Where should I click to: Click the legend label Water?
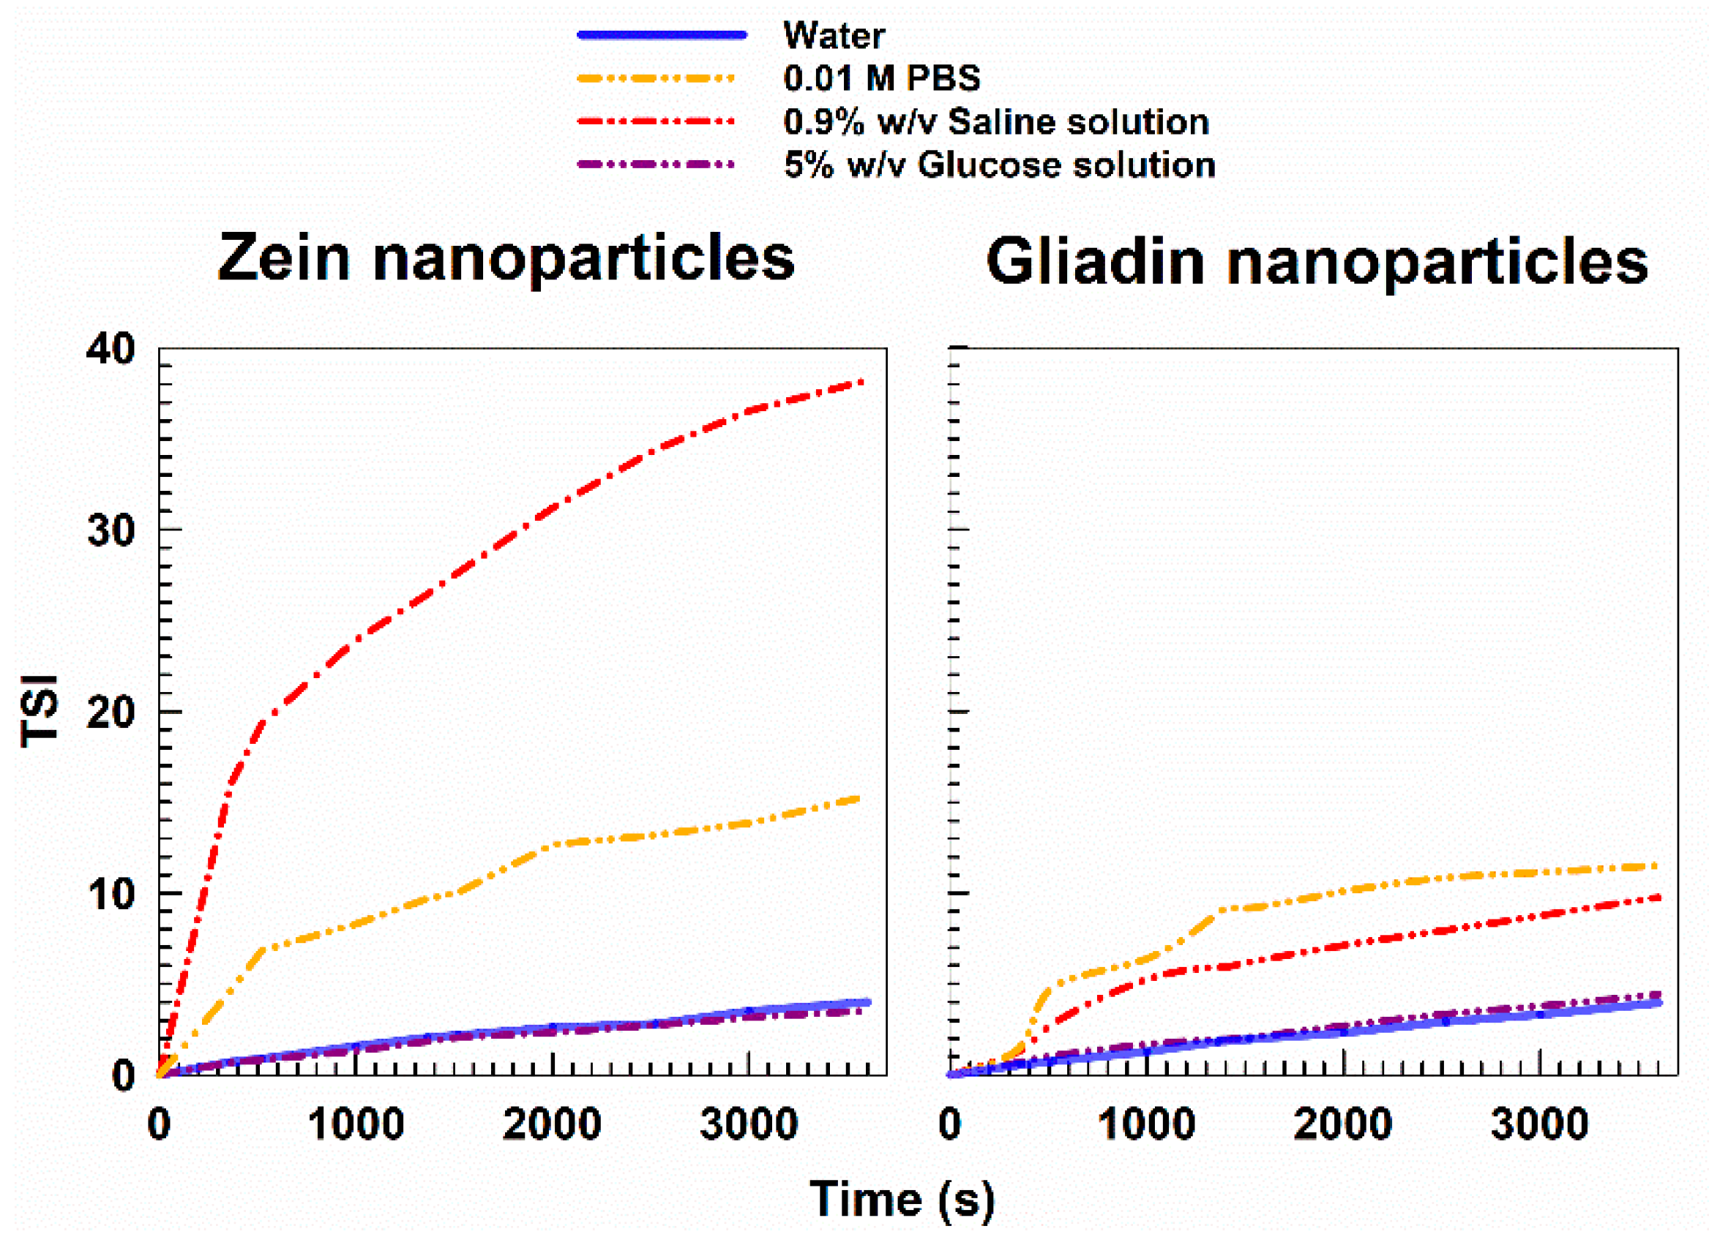(833, 36)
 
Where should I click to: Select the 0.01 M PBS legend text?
(880, 78)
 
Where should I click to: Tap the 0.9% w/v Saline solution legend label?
(995, 121)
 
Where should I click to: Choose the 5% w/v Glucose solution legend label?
(998, 165)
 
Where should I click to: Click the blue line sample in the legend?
(661, 35)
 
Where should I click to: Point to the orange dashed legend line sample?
(656, 78)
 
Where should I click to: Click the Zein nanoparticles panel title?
(506, 258)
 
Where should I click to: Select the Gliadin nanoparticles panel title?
(1316, 262)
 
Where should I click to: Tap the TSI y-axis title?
(40, 710)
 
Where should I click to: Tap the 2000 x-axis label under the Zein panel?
(551, 1124)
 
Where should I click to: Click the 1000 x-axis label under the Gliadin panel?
(1145, 1124)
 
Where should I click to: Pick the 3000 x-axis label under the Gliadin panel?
(1538, 1124)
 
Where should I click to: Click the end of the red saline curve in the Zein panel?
(861, 381)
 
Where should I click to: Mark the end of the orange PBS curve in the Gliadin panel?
(1656, 866)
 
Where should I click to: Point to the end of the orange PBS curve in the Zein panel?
(858, 798)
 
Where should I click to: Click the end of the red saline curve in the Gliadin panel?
(1658, 898)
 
